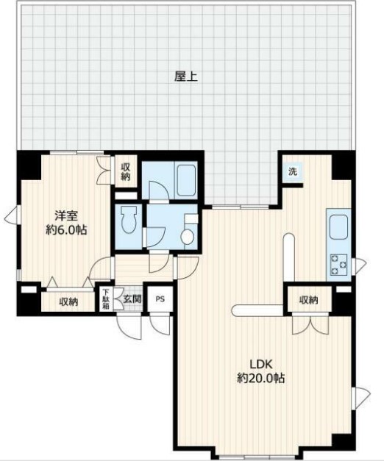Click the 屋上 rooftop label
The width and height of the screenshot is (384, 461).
[x=185, y=77]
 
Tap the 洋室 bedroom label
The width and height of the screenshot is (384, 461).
[x=66, y=216]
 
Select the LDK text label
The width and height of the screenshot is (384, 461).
[x=261, y=364]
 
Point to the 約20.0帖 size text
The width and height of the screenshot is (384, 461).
[x=261, y=378]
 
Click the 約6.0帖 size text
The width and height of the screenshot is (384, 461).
[x=66, y=230]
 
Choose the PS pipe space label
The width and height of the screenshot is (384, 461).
[x=160, y=299]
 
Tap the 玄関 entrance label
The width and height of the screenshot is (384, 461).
[x=132, y=299]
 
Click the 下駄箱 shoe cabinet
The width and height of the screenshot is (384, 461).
[x=105, y=299]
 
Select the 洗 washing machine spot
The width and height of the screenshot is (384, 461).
[x=293, y=171]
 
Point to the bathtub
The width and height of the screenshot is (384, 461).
[x=186, y=180]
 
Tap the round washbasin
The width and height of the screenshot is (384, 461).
[x=187, y=237]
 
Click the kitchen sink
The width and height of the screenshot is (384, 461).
[x=338, y=226]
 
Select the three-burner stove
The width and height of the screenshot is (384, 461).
[x=338, y=265]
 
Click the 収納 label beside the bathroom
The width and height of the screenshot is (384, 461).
[x=125, y=172]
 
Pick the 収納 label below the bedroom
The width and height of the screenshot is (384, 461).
[x=69, y=301]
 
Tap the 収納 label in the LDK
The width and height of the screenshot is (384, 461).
[x=309, y=300]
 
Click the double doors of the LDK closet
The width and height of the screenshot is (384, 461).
[x=310, y=324]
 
